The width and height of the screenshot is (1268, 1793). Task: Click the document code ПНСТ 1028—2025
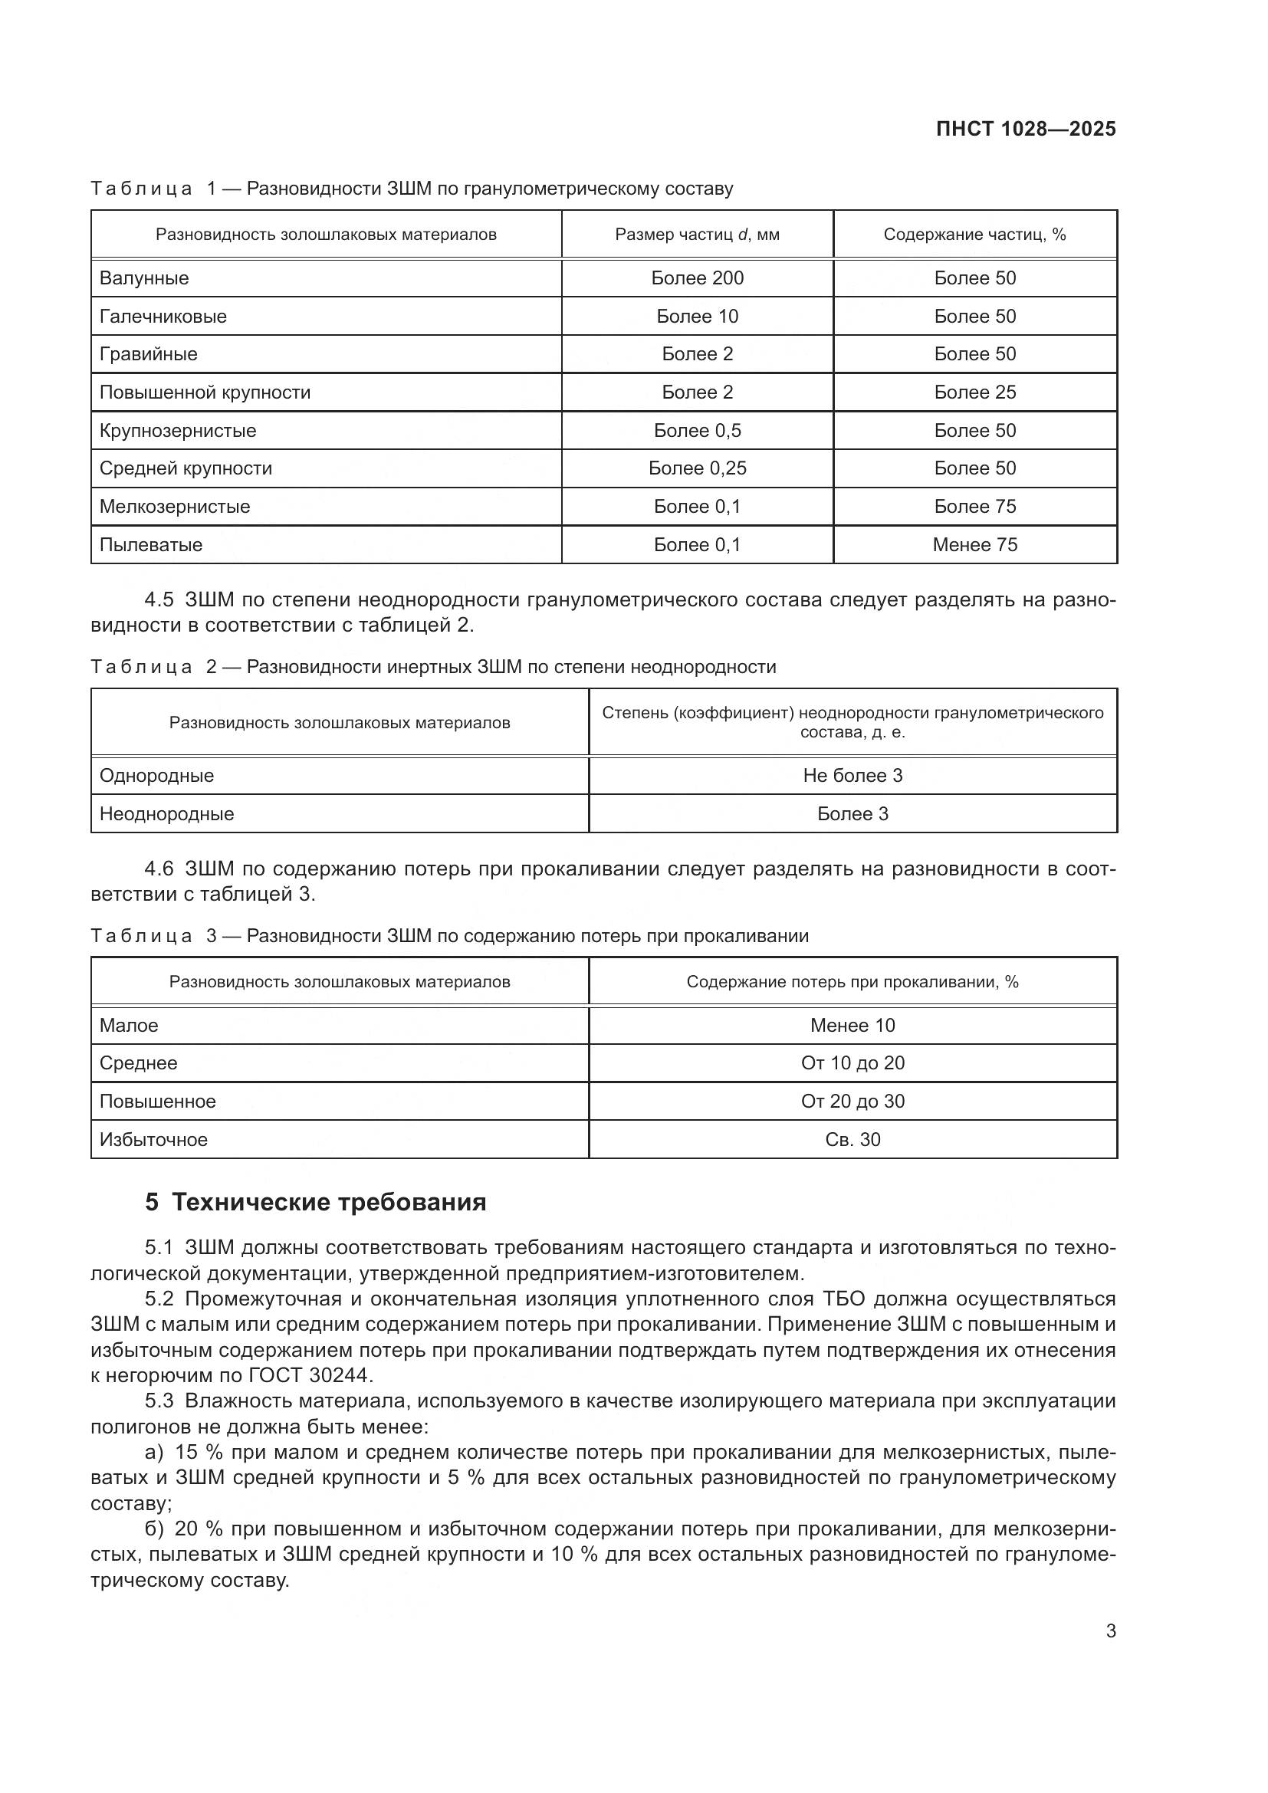click(1025, 129)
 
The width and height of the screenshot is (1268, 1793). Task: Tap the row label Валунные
click(143, 278)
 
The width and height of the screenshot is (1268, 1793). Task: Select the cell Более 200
click(696, 278)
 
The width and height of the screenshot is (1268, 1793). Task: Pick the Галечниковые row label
click(163, 317)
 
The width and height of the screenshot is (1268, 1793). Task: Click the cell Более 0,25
click(696, 468)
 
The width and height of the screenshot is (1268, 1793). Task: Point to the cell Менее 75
click(974, 544)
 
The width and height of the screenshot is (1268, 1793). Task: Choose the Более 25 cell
click(974, 392)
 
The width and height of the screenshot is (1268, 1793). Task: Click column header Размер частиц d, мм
click(696, 235)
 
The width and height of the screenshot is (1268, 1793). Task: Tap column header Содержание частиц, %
click(974, 235)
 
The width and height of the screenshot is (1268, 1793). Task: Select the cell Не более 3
click(852, 776)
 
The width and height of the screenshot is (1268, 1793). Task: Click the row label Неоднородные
click(166, 814)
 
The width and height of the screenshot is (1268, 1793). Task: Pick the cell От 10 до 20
click(852, 1062)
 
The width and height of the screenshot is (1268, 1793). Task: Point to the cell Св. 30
click(852, 1139)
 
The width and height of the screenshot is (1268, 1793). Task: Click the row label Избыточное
click(153, 1139)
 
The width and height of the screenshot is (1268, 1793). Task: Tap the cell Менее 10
click(852, 1026)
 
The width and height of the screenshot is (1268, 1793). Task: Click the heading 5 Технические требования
click(315, 1203)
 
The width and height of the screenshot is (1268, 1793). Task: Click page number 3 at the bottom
click(1110, 1630)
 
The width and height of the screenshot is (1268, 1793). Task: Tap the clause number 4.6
click(159, 869)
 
